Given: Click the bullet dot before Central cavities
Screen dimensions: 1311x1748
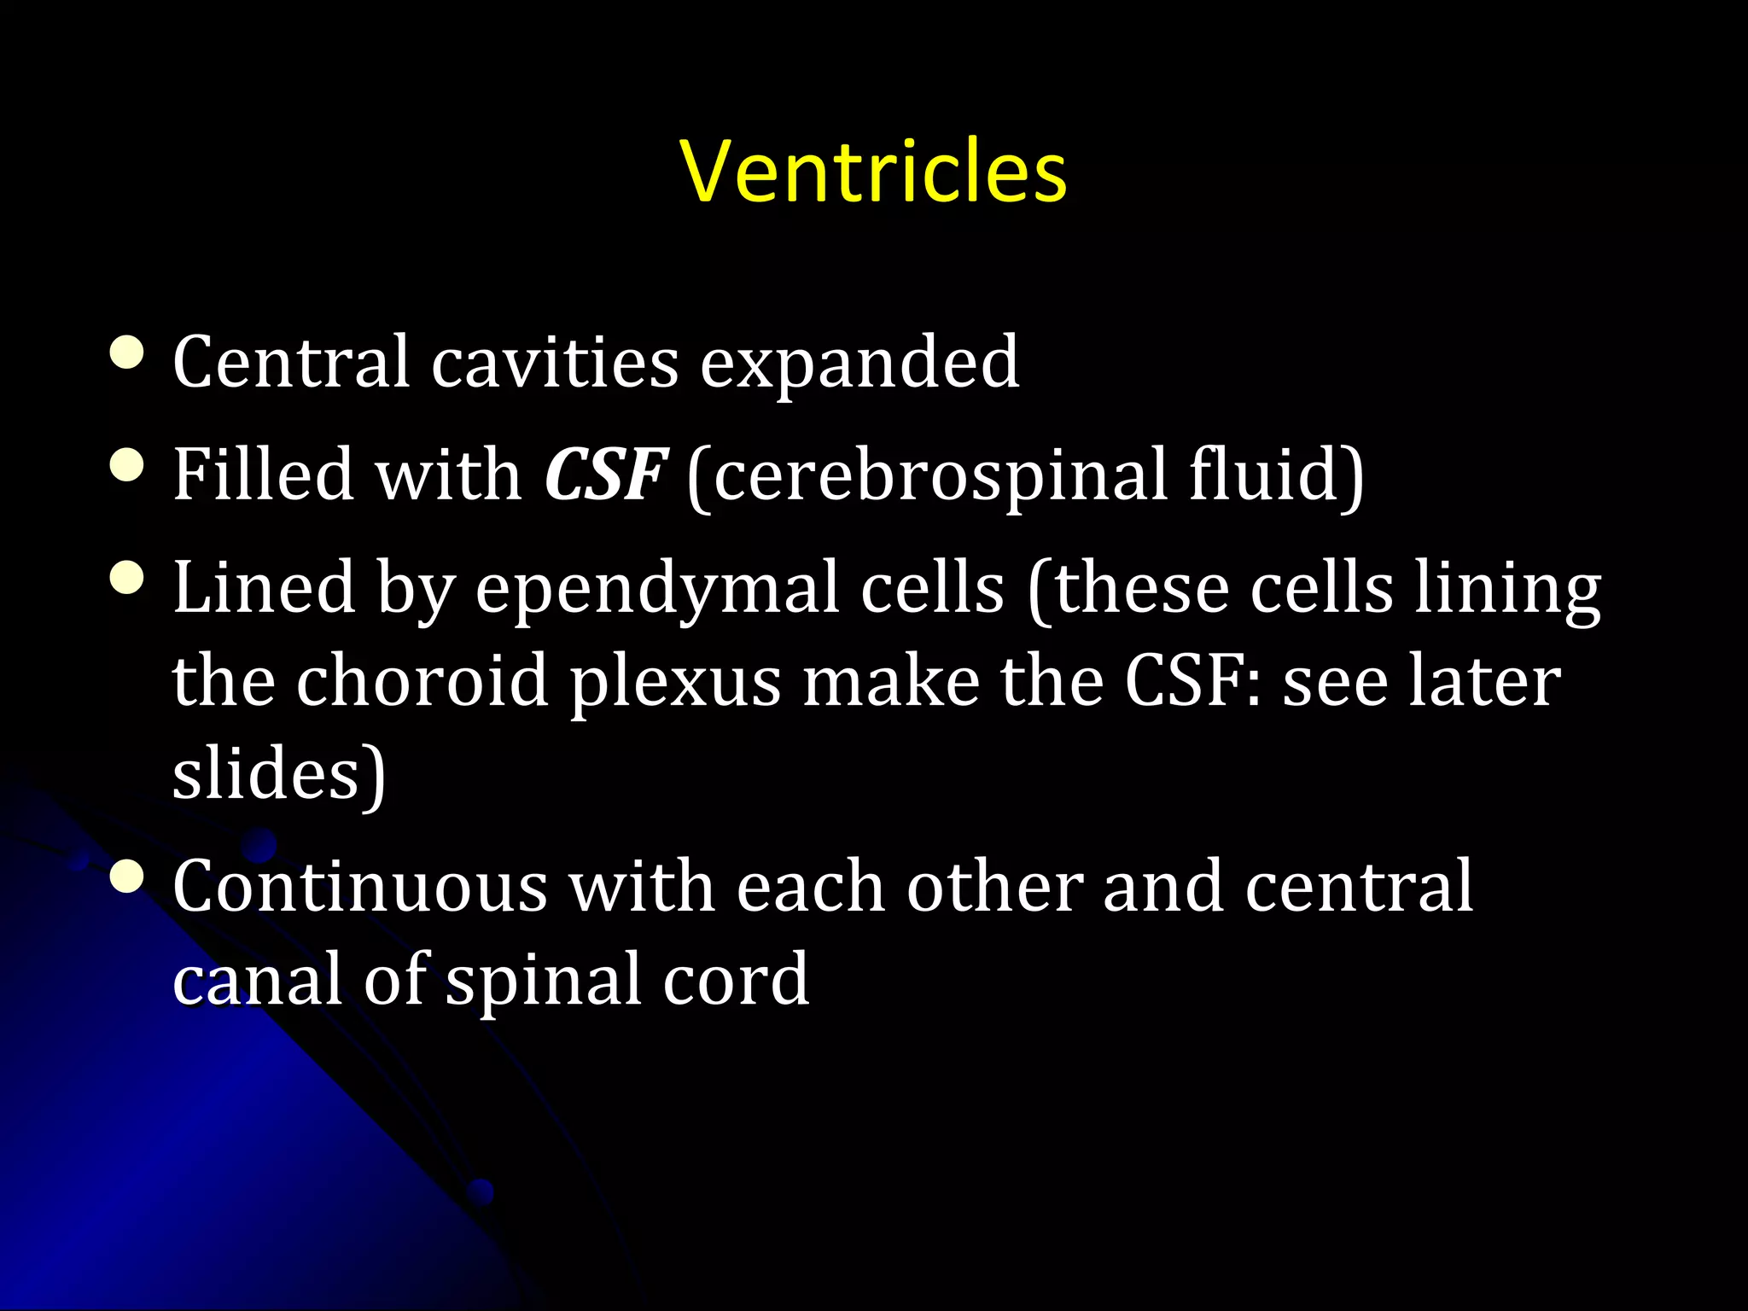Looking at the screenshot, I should [x=127, y=352].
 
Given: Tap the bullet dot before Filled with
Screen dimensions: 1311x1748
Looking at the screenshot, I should [x=127, y=465].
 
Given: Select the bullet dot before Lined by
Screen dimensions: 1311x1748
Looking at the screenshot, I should [x=127, y=578].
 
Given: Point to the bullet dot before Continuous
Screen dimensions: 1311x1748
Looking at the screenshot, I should [x=127, y=877].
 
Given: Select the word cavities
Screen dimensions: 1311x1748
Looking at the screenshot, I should [x=555, y=363].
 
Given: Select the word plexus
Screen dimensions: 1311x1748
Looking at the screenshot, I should [x=675, y=684].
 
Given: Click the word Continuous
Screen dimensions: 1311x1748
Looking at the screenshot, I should [x=359, y=887].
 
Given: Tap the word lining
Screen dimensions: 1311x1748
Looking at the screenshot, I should [x=1507, y=590].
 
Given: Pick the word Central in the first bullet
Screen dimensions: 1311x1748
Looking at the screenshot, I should [x=291, y=363].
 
